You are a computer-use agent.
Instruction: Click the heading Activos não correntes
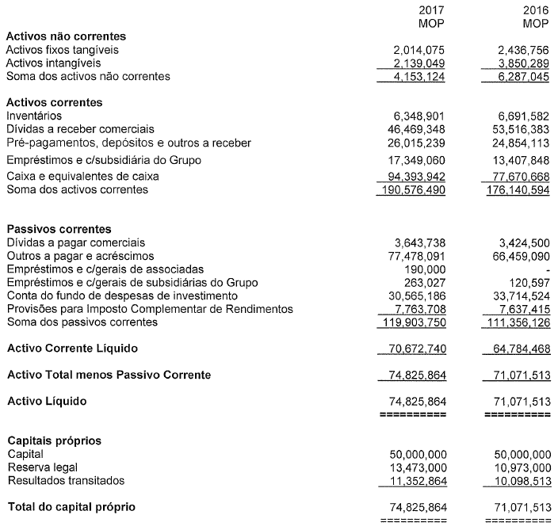[67, 36]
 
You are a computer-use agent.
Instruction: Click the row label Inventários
[33, 116]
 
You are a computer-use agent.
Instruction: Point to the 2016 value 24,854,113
[516, 143]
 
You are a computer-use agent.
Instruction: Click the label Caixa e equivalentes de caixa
[83, 176]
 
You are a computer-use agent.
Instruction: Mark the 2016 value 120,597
[526, 283]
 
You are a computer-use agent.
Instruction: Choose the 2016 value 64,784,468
[516, 349]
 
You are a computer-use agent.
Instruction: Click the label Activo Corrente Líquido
[73, 348]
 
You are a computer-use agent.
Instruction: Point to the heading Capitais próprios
[54, 440]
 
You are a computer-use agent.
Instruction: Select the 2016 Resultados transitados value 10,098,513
[516, 481]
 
